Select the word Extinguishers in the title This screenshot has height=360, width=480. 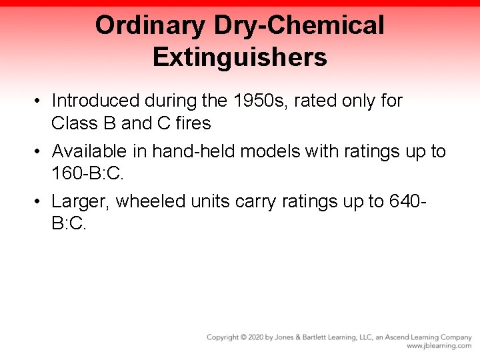coord(240,57)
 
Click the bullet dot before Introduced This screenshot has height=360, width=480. coord(40,101)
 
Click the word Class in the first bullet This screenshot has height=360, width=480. coord(72,123)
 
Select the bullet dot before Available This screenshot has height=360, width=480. coord(40,152)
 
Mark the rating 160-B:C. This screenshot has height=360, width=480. coord(87,174)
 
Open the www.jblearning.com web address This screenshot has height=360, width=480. coord(439,346)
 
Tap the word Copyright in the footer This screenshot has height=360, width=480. coord(223,337)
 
